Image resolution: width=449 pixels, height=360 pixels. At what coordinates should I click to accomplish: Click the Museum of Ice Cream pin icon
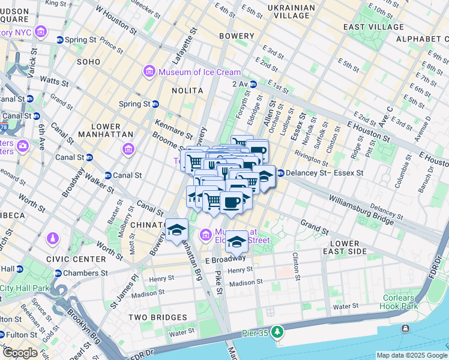tap(148, 73)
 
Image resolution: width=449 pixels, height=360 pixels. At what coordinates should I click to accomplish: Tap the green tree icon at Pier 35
tap(277, 331)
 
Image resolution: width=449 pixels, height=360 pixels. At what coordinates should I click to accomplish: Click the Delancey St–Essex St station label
tap(325, 173)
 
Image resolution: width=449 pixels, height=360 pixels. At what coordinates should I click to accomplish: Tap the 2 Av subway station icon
tap(253, 85)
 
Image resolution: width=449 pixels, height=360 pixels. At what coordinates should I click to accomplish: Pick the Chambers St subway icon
tap(58, 274)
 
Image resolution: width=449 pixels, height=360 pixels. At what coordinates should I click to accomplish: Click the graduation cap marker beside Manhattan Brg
tap(176, 230)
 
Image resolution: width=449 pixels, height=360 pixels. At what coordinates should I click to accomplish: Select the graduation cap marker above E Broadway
tap(237, 242)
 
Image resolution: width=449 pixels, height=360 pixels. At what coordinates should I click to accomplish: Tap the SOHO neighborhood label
tap(88, 62)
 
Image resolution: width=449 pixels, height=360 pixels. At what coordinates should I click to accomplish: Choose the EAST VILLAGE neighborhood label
tap(370, 27)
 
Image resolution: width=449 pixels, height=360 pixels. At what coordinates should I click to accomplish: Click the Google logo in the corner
tap(20, 353)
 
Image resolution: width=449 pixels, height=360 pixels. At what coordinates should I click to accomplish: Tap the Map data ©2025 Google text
tap(411, 355)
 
